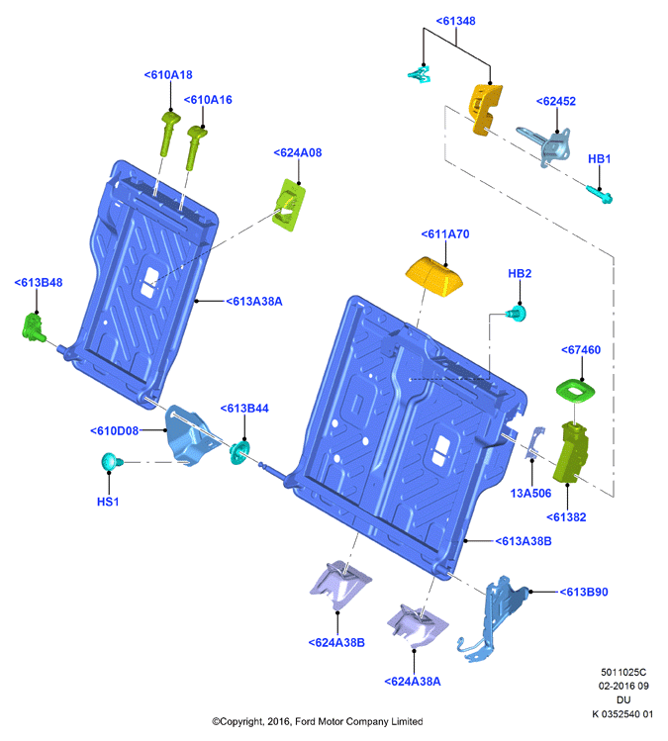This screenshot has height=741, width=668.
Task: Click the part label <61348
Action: click(455, 21)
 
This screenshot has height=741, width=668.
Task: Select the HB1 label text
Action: click(599, 158)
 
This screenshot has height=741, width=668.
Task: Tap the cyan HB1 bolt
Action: click(599, 194)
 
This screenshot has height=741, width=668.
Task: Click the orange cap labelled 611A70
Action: click(434, 276)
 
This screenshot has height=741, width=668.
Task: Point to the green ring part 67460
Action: click(575, 391)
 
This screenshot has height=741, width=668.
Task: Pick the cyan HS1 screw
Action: click(112, 461)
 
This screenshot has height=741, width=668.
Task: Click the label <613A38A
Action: click(254, 302)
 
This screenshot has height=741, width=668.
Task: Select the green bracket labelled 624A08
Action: click(289, 205)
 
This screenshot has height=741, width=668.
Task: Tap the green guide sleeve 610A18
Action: click(168, 134)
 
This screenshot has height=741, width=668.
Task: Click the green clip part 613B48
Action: click(33, 327)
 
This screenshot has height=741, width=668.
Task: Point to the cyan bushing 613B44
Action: click(239, 453)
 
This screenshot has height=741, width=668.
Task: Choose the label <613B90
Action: click(583, 593)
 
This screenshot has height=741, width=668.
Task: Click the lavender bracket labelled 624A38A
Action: click(417, 626)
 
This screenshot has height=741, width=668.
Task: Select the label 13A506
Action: click(530, 494)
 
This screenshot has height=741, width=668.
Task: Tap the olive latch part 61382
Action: click(571, 452)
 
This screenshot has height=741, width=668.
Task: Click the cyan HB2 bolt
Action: click(517, 314)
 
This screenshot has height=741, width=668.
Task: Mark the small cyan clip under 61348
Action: click(420, 74)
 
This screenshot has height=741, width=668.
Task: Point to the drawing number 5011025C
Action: click(623, 672)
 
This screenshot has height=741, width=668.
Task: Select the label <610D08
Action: click(115, 431)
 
